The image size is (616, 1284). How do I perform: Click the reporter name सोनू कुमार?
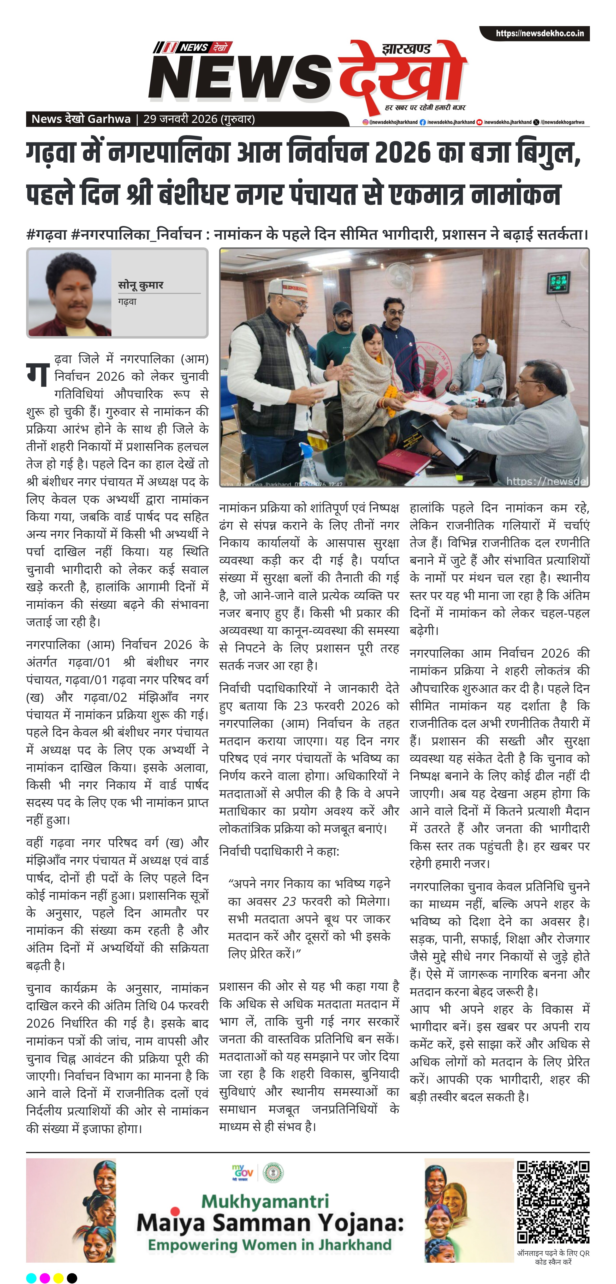[140, 285]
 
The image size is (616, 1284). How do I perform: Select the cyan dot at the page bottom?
[31, 1277]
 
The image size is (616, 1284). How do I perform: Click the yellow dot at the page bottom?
[58, 1277]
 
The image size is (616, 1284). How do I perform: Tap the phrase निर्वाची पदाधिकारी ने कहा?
[279, 851]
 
